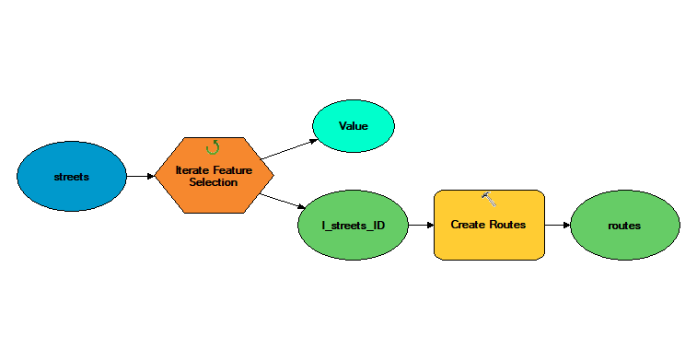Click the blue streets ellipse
[x=72, y=176]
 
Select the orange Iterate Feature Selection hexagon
[x=214, y=175]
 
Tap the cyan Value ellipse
[x=354, y=126]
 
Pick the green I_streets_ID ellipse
[x=353, y=225]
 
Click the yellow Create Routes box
[x=489, y=225]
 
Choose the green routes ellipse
[x=624, y=225]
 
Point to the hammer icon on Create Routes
[x=489, y=199]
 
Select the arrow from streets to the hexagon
[x=141, y=176]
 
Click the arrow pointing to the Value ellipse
[x=289, y=149]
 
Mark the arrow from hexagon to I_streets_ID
[x=283, y=201]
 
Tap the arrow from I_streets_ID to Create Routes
[x=421, y=225]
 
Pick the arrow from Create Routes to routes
[x=557, y=225]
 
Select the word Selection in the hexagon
[x=214, y=182]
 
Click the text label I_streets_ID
[x=353, y=226]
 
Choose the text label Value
[x=354, y=126]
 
